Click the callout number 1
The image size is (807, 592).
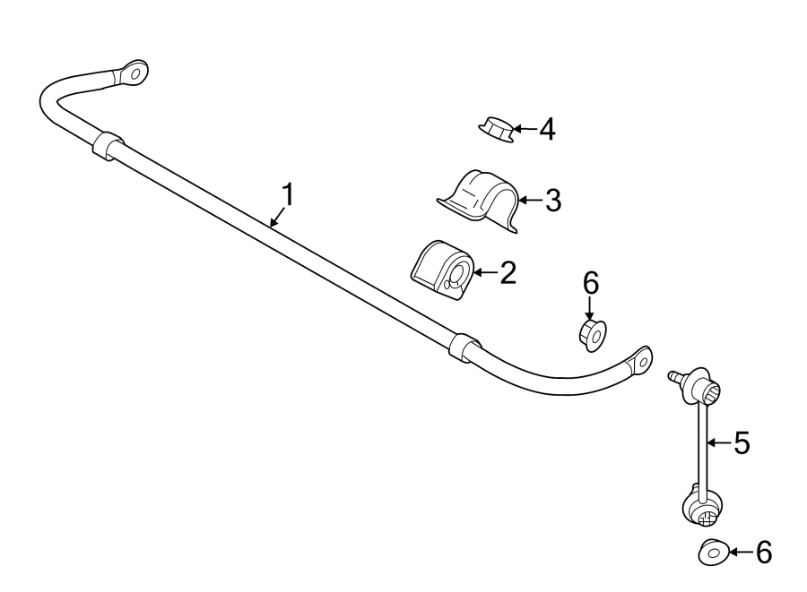click(x=288, y=194)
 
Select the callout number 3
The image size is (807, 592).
click(x=552, y=200)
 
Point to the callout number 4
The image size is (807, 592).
click(x=546, y=131)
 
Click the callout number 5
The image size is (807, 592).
click(x=741, y=442)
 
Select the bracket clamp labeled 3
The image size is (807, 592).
click(x=480, y=199)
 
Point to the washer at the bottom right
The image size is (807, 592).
click(x=712, y=553)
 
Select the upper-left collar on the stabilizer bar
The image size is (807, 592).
click(x=107, y=145)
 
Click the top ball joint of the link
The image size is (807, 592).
click(x=701, y=390)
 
